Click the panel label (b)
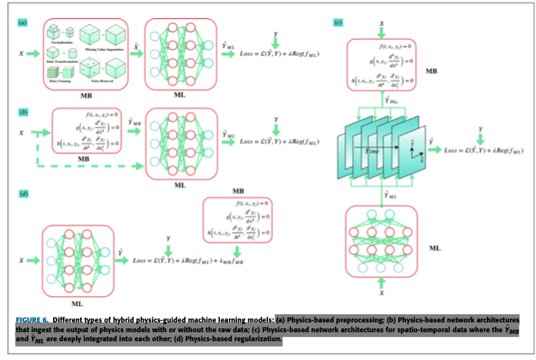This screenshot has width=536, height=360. click(23, 109)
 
